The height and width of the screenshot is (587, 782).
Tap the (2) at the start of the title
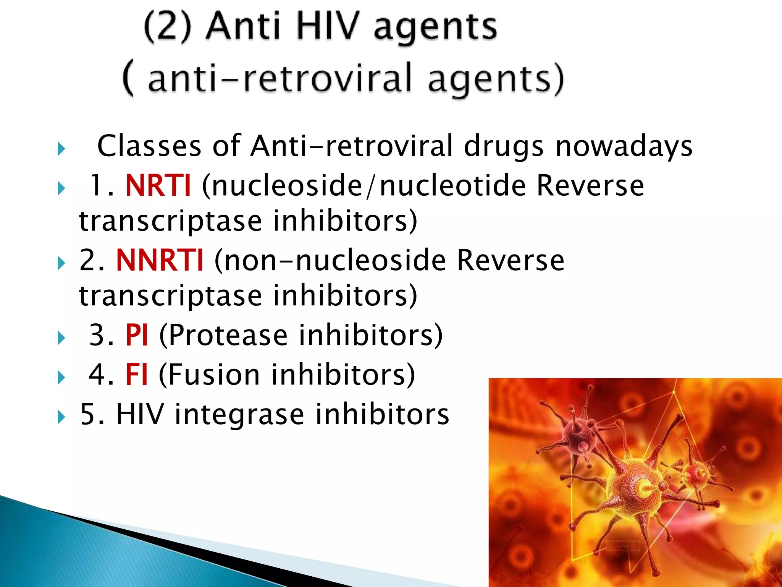[x=168, y=27]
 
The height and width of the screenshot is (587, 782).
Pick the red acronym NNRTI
[x=160, y=260]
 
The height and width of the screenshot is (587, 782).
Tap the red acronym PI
[x=136, y=335]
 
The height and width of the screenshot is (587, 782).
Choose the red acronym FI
[x=136, y=375]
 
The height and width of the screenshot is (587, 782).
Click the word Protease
[x=228, y=335]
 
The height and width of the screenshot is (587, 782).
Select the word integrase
[x=239, y=415]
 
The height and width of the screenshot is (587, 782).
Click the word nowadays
[x=624, y=146]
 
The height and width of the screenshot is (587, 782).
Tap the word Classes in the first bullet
[x=149, y=146]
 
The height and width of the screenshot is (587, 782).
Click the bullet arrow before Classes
[x=61, y=149]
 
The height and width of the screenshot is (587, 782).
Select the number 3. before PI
[x=101, y=335]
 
